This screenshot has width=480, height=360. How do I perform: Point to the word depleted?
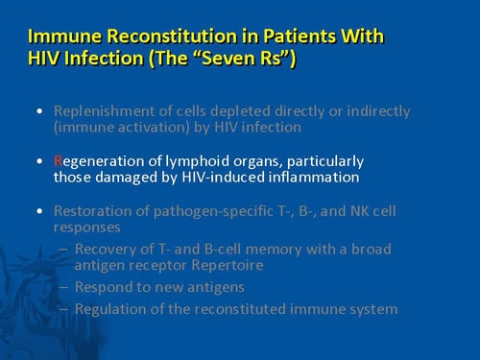tap(238, 110)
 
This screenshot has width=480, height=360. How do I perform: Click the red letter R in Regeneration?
tap(58, 160)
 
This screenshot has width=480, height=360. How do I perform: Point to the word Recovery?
tap(108, 249)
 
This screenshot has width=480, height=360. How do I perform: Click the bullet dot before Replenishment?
tap(37, 110)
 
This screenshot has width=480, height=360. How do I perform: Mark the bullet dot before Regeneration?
tap(37, 160)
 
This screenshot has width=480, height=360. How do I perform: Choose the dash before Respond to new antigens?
tap(63, 287)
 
